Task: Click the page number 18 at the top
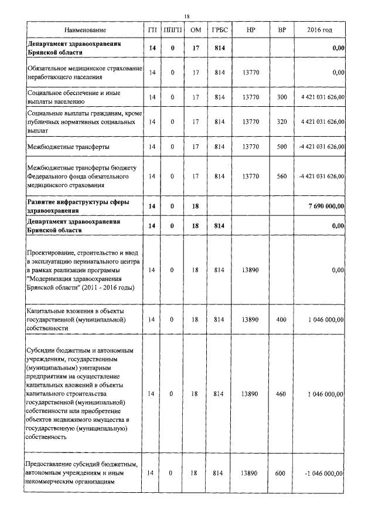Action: [187, 16]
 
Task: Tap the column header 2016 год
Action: [319, 29]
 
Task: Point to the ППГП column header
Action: [173, 29]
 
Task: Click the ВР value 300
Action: [282, 97]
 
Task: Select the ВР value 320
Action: [282, 121]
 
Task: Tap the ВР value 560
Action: [282, 175]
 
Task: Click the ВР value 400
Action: [282, 319]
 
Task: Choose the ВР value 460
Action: [282, 394]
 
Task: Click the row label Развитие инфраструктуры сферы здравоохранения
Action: [78, 206]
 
